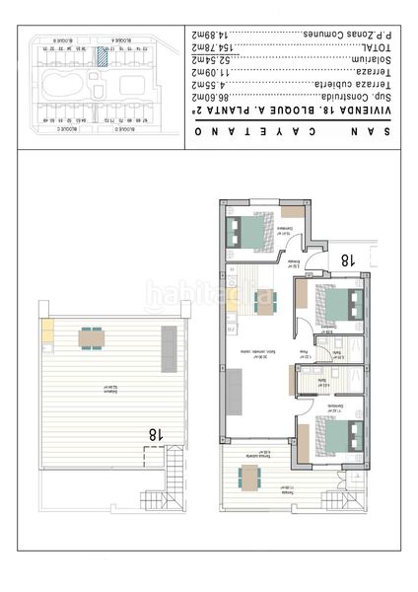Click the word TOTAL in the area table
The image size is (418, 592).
point(365,47)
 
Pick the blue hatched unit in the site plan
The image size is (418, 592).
point(101,56)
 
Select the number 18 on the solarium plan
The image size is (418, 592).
point(155,433)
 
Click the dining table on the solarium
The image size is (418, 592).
point(91,338)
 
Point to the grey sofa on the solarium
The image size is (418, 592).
point(169,347)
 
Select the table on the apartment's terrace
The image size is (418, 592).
point(249,478)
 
